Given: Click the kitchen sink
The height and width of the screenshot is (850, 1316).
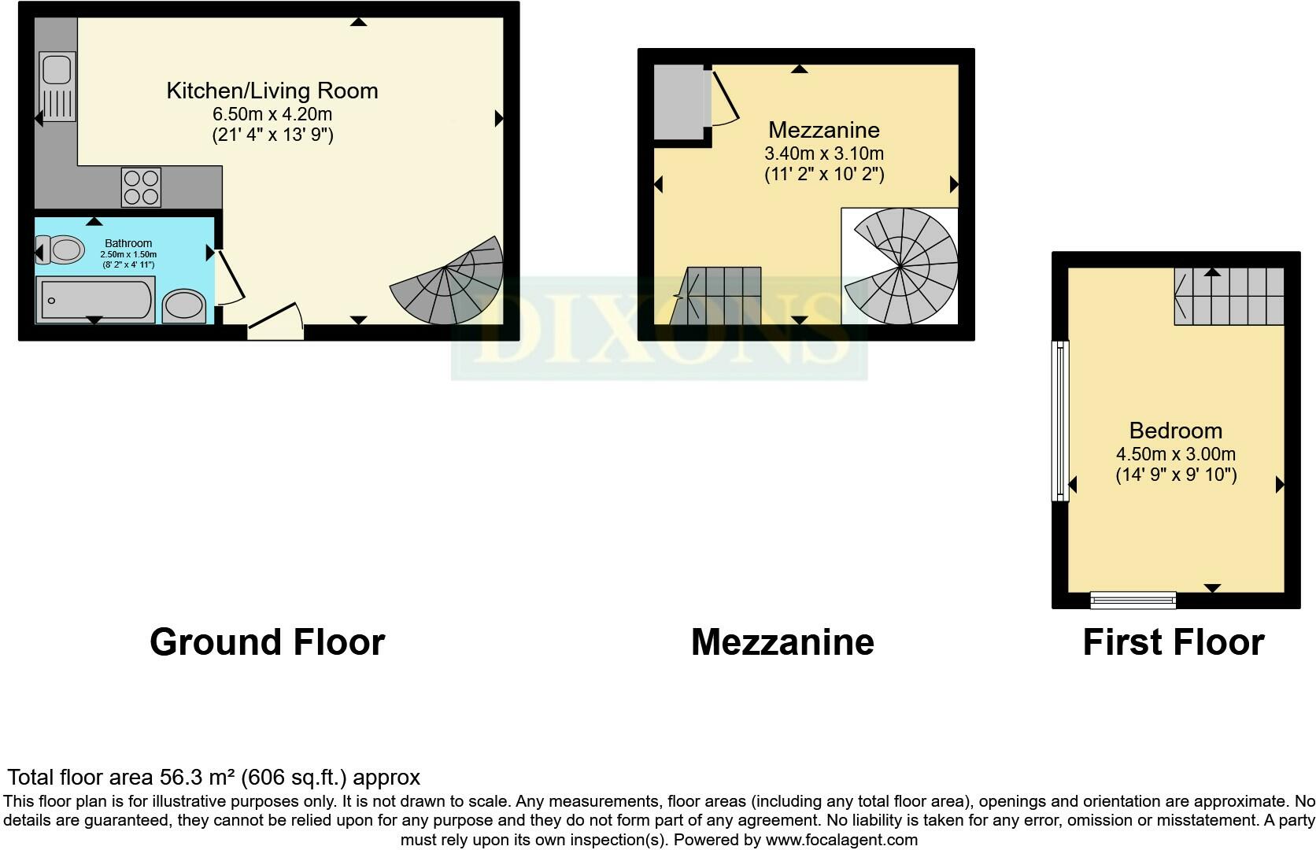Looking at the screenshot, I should (57, 86).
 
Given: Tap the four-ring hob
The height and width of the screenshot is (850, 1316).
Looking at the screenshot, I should (141, 187).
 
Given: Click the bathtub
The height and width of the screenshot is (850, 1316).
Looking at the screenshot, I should (94, 300).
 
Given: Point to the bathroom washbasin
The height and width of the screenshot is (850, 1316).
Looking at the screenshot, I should (185, 305).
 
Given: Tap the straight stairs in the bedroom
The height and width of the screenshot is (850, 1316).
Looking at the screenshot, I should (1229, 296).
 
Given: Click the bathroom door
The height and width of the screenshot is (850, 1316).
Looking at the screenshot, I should (229, 276).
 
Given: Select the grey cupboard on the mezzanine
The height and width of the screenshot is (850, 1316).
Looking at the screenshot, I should (678, 102).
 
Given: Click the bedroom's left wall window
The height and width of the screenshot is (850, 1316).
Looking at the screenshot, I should (1061, 420).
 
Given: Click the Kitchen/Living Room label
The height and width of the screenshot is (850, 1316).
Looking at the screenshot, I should (272, 91).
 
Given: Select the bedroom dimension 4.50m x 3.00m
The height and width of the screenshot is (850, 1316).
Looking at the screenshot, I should (1176, 454).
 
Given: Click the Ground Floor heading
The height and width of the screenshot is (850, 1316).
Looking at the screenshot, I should (267, 642).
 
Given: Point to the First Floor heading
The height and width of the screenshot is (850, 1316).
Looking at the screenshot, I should (1173, 642).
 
